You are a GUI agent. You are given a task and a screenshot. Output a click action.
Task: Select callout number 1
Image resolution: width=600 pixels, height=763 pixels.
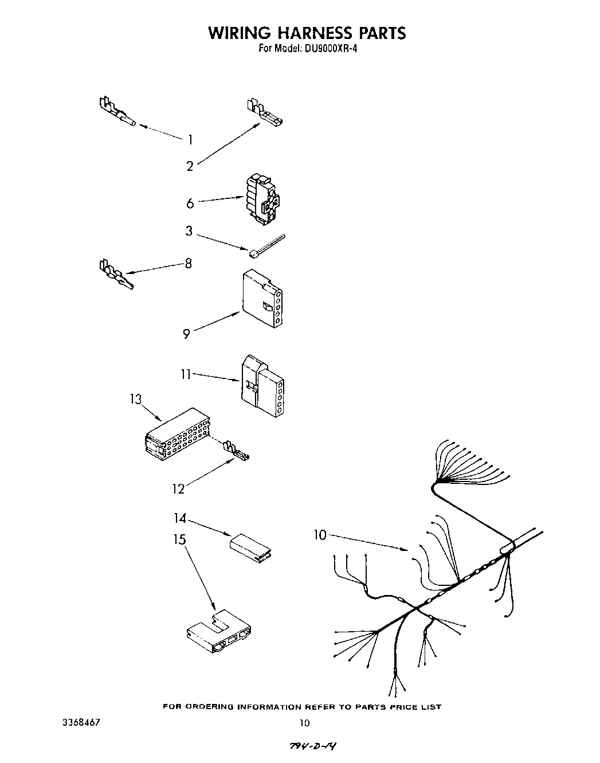pyautogui.click(x=190, y=139)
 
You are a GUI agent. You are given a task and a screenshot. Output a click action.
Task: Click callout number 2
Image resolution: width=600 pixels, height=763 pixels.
pyautogui.click(x=190, y=166)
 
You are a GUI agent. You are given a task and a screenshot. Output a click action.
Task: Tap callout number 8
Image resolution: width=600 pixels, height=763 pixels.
pyautogui.click(x=188, y=264)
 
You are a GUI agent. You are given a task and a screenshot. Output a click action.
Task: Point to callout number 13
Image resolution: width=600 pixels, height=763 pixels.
pyautogui.click(x=135, y=399)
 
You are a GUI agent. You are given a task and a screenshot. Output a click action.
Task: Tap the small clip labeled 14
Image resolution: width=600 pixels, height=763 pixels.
pyautogui.click(x=251, y=545)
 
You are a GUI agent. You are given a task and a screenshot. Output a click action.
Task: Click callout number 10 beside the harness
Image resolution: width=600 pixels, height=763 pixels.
pyautogui.click(x=320, y=535)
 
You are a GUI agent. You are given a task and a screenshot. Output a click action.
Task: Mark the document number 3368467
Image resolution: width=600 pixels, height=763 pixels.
pyautogui.click(x=81, y=722)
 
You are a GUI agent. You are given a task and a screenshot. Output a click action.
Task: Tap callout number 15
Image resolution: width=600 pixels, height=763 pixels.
pyautogui.click(x=181, y=540)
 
